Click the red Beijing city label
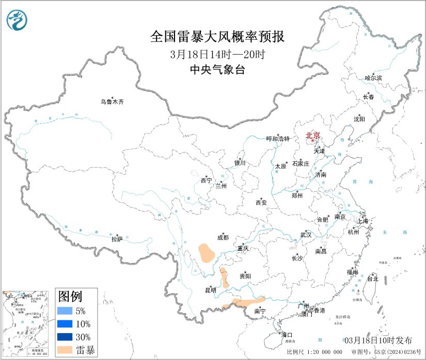[313, 136]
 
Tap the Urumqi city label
[112, 102]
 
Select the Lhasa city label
[117, 239]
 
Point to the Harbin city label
[373, 78]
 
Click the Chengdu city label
[223, 238]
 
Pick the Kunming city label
[211, 290]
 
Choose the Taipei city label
[372, 279]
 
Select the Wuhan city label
[306, 235]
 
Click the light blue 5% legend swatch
[65, 311]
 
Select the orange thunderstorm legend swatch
[65, 350]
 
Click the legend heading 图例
[70, 297]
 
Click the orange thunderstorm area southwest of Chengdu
[207, 253]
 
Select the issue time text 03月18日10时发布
[378, 340]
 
